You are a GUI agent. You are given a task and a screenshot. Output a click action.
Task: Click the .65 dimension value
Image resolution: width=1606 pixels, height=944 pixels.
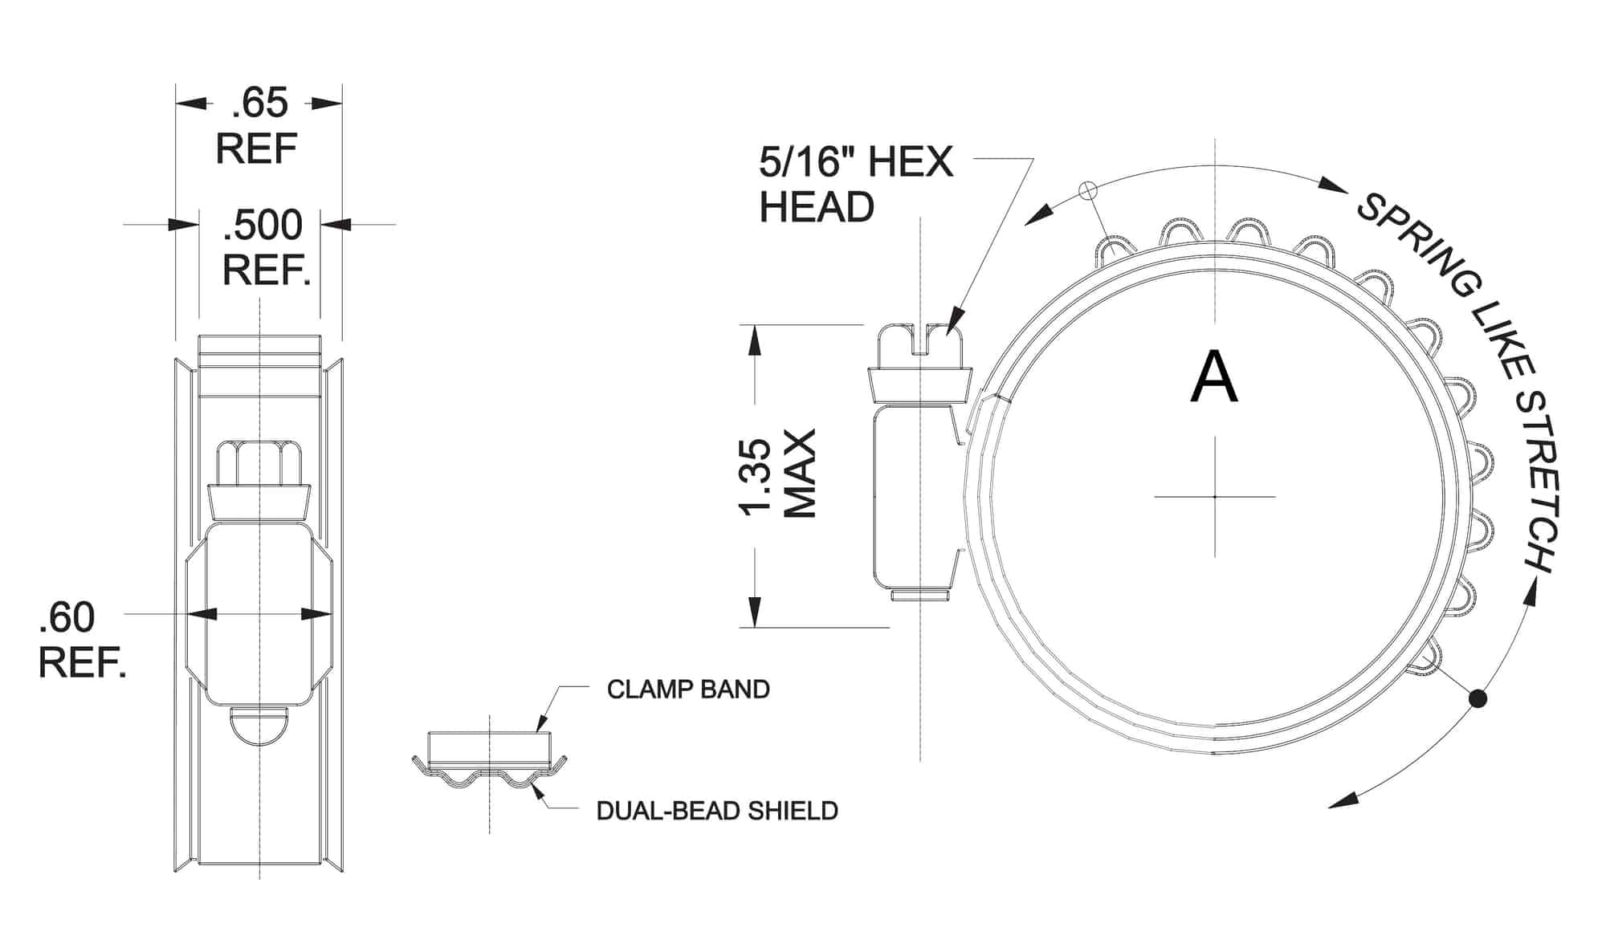click(259, 104)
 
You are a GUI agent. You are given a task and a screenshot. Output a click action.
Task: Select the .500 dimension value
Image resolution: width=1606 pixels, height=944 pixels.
click(263, 225)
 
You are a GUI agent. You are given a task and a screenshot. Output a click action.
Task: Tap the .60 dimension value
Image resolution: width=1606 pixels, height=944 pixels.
click(67, 617)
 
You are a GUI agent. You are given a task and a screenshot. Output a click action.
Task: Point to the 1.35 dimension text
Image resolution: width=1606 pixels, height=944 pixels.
click(756, 476)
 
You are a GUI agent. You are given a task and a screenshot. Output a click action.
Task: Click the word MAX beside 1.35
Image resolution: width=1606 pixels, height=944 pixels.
click(800, 474)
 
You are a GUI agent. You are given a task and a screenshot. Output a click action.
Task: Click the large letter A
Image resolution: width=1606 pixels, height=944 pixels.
click(1213, 378)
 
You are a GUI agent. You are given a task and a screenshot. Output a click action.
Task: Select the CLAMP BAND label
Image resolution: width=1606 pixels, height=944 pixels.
click(688, 690)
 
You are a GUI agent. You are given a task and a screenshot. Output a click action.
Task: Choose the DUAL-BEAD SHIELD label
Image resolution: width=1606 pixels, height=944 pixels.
click(717, 811)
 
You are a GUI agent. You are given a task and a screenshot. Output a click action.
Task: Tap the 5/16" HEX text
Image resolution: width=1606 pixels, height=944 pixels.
click(855, 163)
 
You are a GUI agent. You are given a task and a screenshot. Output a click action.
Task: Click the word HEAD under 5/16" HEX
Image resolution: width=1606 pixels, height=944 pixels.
click(817, 207)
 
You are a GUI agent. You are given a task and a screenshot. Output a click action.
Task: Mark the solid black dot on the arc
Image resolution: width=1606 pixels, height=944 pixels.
click(1478, 699)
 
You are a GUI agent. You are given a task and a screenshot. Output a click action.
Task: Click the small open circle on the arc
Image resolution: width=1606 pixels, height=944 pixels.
click(1087, 190)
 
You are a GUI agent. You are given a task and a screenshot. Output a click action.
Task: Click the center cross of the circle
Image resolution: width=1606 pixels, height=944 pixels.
click(1215, 497)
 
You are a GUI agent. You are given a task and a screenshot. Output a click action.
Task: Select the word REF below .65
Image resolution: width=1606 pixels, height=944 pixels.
click(257, 149)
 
